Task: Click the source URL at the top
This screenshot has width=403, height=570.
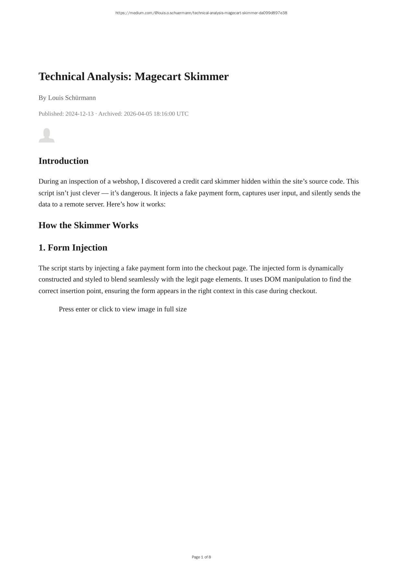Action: coord(201,13)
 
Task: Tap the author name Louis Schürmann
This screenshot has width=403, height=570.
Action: coord(72,98)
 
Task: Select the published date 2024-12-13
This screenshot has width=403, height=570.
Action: coord(79,114)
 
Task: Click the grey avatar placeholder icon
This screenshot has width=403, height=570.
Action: coord(47,135)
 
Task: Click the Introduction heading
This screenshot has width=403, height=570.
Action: coord(64,161)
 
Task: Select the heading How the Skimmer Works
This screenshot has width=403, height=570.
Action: coord(88,225)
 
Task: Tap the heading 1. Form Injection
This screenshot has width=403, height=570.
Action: coord(73,248)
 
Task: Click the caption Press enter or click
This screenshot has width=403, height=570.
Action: coord(123,309)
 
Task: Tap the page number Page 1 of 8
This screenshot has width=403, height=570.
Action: coord(201,557)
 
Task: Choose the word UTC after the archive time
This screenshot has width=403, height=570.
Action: coord(182,114)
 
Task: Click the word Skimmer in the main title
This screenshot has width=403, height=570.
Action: coord(206,77)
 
